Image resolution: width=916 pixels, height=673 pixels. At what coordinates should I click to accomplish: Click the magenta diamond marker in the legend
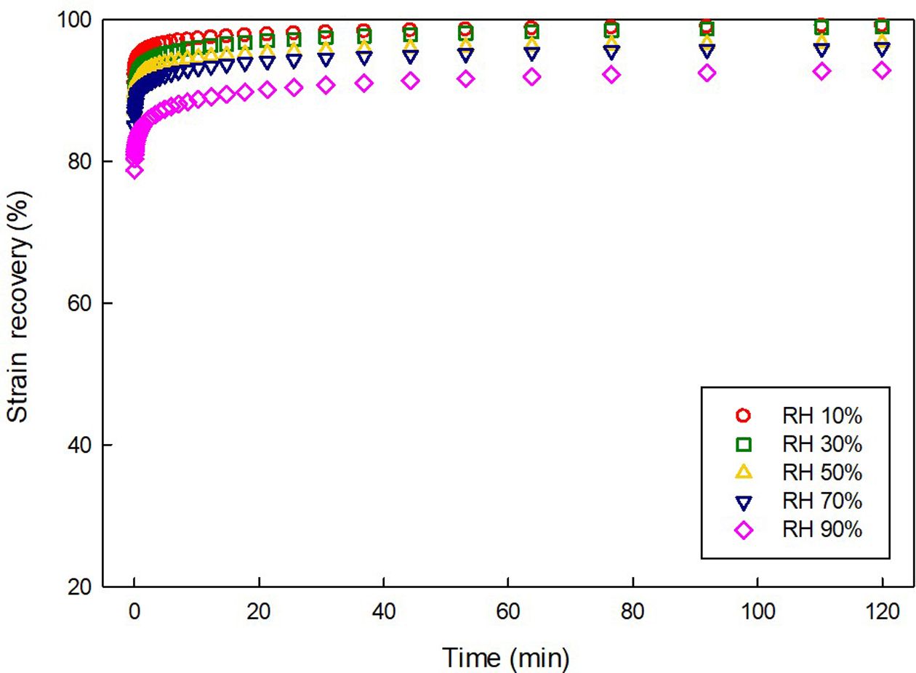743,531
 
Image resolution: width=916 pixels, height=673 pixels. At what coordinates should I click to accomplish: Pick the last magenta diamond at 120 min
883,70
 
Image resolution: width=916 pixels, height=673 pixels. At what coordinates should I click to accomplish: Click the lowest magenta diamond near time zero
134,170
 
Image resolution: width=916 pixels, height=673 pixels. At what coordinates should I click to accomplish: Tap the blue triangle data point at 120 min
883,49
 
